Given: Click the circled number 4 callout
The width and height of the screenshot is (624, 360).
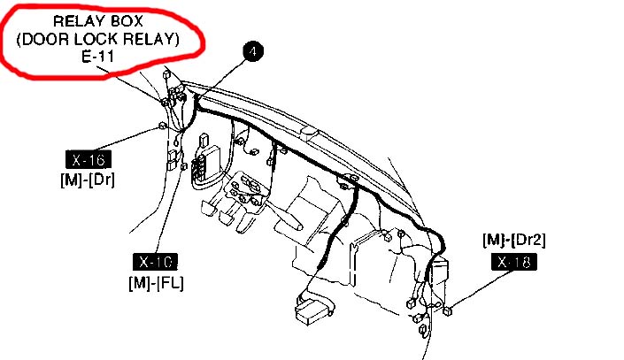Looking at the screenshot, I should pos(254,53).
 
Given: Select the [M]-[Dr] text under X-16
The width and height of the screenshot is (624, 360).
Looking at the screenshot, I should pos(92,180).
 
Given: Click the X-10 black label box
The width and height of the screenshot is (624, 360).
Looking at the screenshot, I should pos(158,262).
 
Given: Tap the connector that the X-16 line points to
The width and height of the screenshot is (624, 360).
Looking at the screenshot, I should pos(163,126).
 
